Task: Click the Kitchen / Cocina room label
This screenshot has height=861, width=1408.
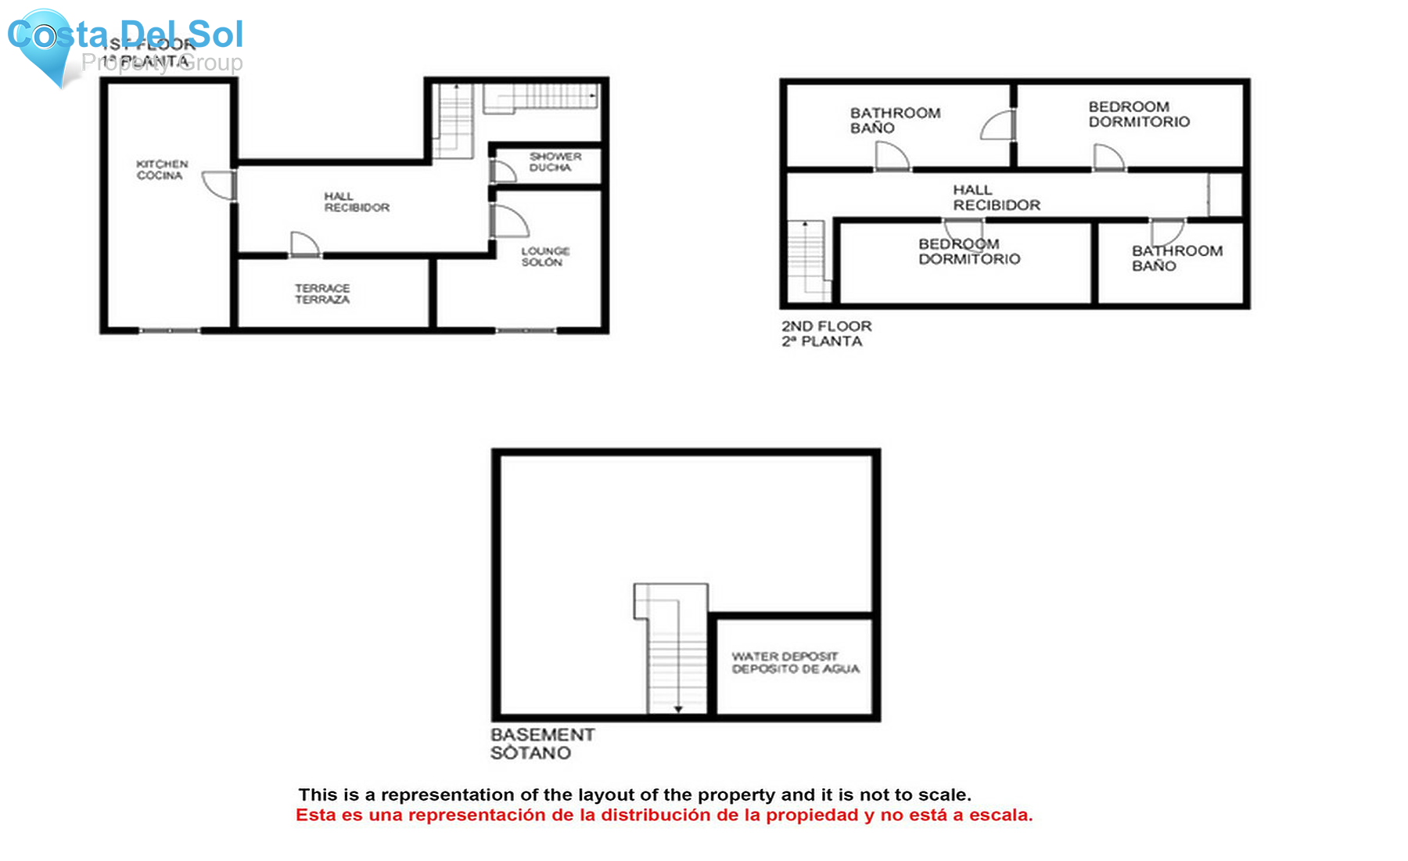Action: (162, 170)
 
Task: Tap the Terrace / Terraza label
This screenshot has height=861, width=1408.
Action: (322, 294)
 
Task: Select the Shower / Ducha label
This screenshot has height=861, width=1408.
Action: (555, 162)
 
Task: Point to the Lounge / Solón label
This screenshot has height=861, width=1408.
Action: (545, 257)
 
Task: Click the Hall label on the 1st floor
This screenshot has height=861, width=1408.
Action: (357, 202)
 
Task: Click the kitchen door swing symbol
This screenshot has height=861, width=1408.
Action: (220, 186)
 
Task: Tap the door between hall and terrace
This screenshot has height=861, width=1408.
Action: (305, 244)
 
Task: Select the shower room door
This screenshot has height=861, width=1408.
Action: (501, 171)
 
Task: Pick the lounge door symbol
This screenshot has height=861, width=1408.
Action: (508, 221)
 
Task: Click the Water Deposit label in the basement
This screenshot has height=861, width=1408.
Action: (795, 662)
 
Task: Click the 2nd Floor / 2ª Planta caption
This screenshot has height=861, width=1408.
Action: (826, 333)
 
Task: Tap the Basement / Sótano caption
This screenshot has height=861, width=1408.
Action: (542, 744)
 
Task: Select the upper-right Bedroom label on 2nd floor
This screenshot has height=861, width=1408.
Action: (1139, 114)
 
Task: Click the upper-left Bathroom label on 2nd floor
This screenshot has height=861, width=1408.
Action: (895, 121)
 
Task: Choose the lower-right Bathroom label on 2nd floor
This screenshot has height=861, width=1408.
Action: (1176, 258)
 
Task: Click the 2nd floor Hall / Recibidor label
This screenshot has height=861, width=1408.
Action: (996, 197)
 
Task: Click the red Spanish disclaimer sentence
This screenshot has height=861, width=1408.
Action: (664, 816)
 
